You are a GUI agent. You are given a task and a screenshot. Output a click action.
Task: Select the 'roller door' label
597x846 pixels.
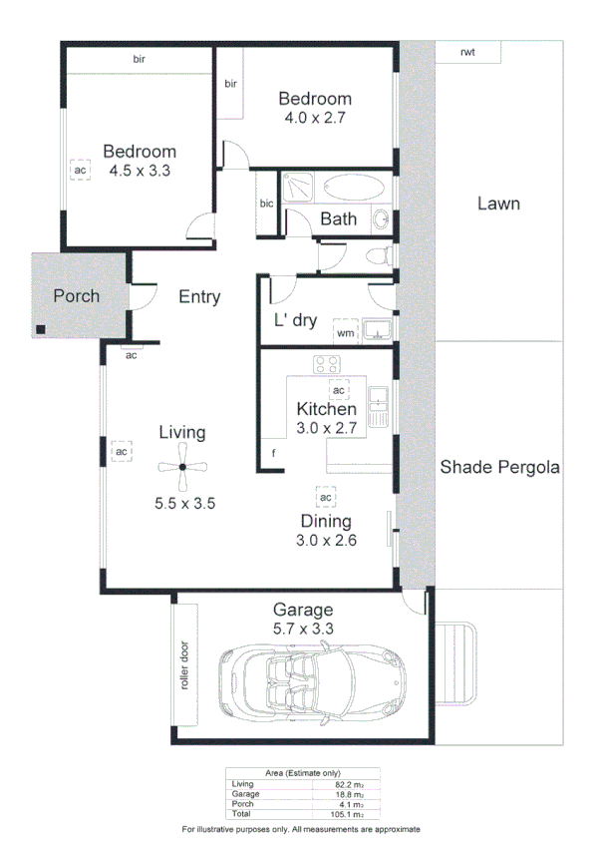(x=183, y=666)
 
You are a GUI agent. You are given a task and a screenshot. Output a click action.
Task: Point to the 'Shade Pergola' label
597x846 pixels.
(x=500, y=466)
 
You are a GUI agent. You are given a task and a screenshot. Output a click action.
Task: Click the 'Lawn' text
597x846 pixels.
(x=498, y=204)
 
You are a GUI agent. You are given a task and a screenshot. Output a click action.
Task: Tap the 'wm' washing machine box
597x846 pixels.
(x=346, y=332)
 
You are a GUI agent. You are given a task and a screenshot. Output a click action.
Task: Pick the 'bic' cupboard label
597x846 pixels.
(x=266, y=205)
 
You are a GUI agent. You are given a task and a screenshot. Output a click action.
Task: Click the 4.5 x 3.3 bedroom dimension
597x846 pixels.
(x=140, y=171)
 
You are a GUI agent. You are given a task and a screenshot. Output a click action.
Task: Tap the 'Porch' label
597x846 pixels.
(x=76, y=296)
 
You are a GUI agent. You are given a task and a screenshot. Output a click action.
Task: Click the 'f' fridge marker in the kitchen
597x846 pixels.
(x=273, y=454)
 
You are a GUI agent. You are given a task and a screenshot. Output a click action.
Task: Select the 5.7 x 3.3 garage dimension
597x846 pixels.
(x=303, y=629)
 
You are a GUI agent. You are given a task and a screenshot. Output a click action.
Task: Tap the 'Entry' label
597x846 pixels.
(x=199, y=296)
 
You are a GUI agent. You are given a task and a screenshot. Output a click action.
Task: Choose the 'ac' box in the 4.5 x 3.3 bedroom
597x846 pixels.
(x=80, y=171)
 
